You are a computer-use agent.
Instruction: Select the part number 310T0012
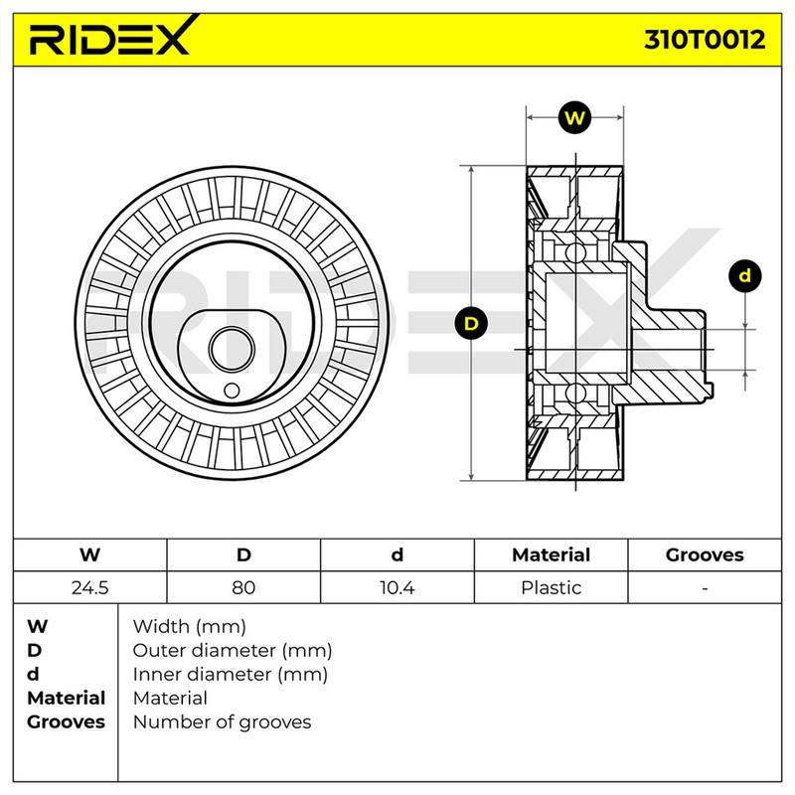(705, 39)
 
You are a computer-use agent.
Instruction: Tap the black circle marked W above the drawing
(574, 118)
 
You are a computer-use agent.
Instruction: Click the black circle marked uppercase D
(471, 324)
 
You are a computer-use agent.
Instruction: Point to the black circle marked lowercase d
(744, 276)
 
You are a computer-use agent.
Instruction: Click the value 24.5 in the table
(89, 587)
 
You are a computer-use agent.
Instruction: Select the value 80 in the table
(243, 587)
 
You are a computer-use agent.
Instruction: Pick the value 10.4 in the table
(397, 587)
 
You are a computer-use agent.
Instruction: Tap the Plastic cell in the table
(552, 587)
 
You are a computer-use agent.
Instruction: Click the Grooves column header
(705, 555)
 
